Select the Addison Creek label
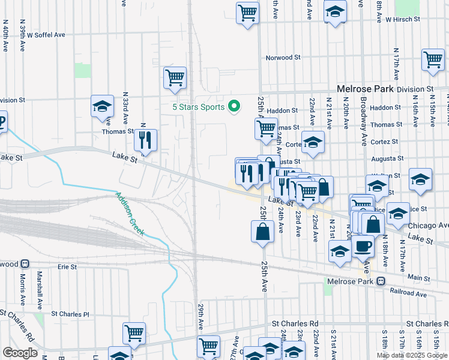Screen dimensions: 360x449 [131, 214]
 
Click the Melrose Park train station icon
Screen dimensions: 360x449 [381, 281]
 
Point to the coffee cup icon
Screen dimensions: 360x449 [362, 245]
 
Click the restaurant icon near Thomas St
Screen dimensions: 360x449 [146, 140]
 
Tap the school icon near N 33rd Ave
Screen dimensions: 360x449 [103, 107]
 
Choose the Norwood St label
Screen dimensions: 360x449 [283, 58]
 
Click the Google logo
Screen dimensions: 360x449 [20, 353]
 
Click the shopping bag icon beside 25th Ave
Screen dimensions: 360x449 [263, 232]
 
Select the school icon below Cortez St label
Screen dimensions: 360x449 [313, 142]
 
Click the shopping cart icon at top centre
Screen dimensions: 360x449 [247, 12]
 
